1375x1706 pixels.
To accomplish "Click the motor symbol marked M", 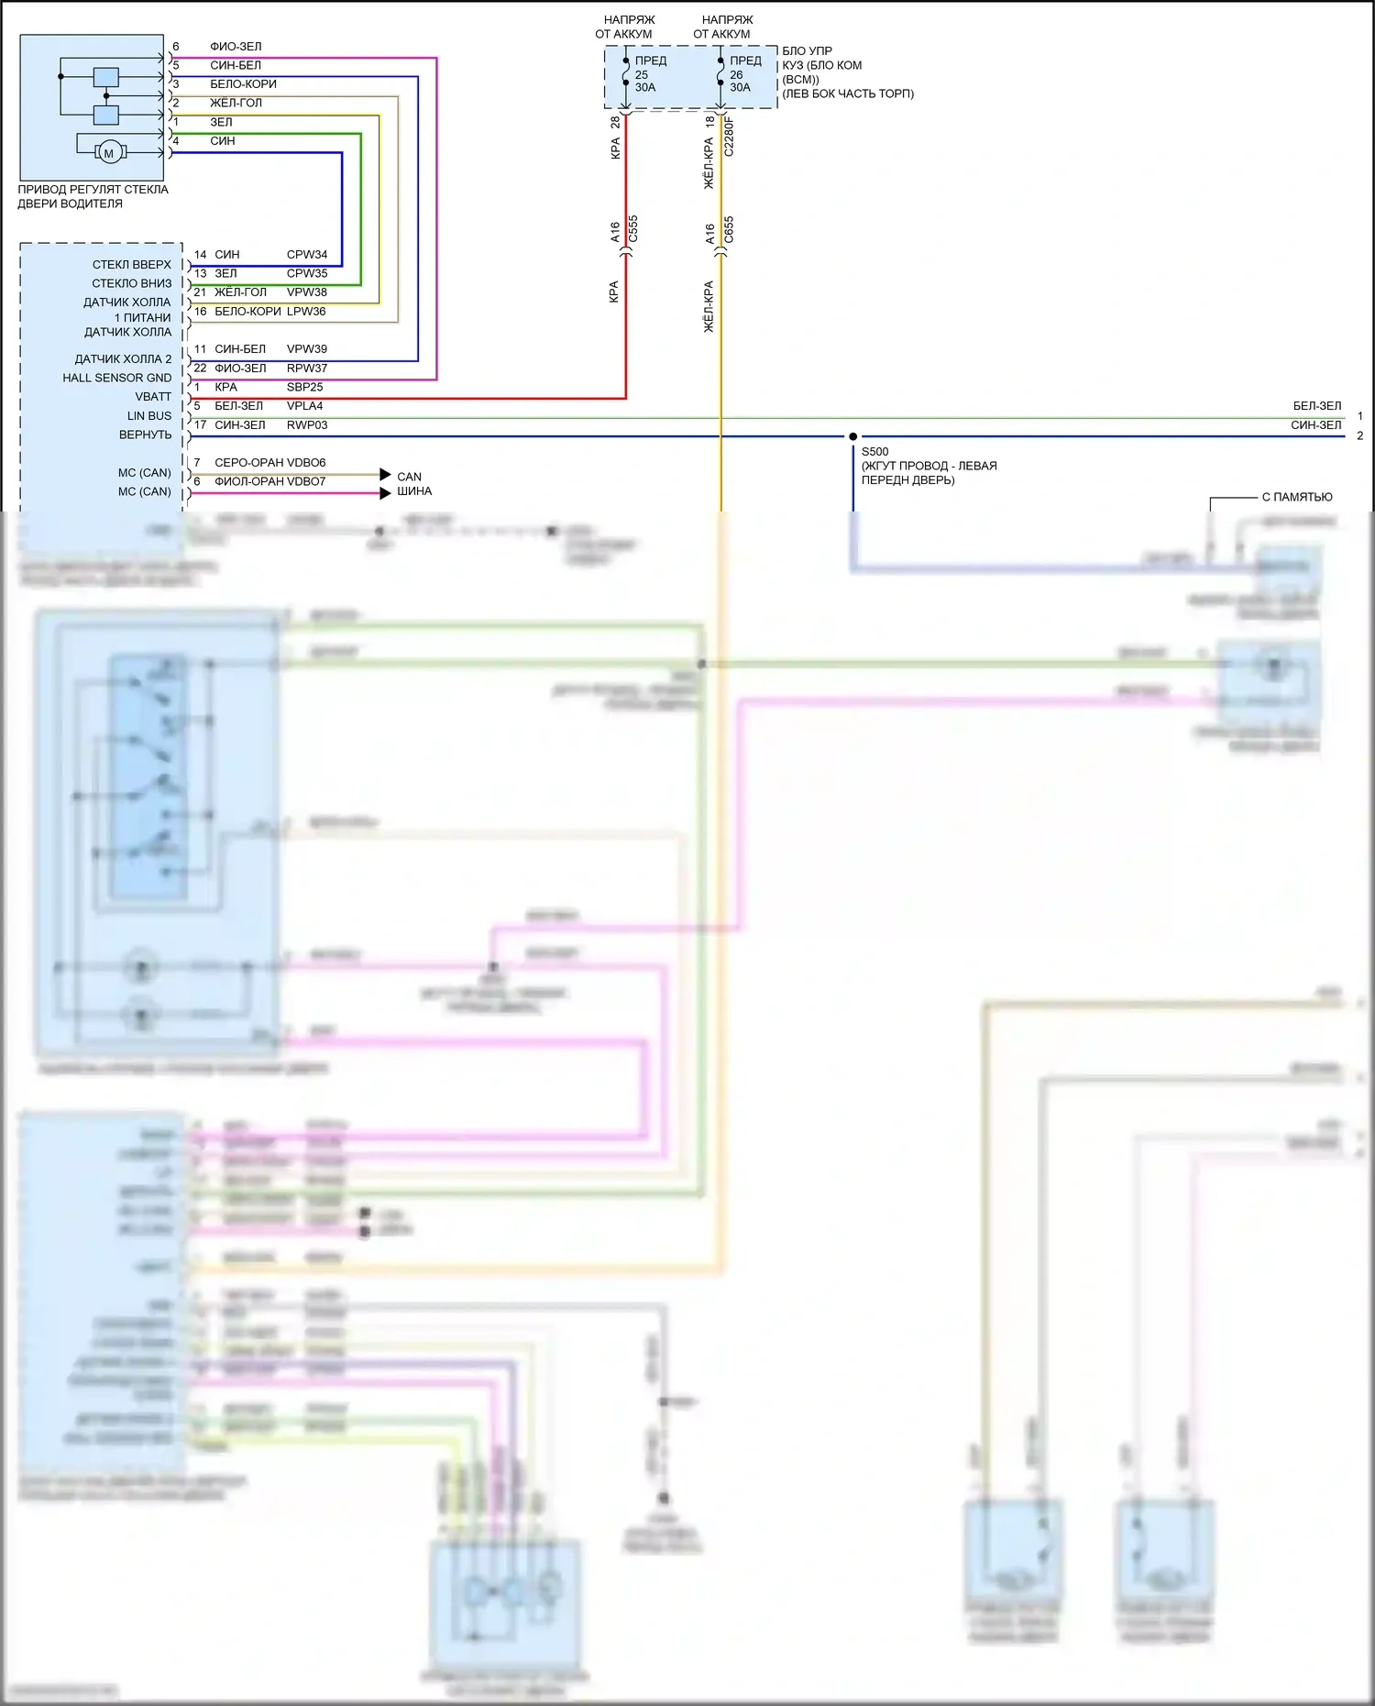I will coord(109,153).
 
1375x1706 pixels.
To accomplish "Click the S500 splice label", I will coord(874,452).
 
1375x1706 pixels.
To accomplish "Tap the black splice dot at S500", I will coord(852,436).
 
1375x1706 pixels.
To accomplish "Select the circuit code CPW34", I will coord(306,255).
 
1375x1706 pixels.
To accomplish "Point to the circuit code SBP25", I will coord(304,387).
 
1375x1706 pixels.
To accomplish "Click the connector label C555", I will coord(632,229).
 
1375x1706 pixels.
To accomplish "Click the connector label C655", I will coord(729,229).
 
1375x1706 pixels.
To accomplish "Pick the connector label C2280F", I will coord(729,136).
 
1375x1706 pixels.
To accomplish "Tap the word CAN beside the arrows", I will coord(409,477).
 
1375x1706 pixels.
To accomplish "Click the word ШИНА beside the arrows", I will coord(414,491).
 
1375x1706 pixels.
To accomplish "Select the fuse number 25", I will coord(642,75).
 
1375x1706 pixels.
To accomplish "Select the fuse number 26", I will coord(736,75).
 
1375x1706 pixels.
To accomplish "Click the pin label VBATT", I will coord(153,397).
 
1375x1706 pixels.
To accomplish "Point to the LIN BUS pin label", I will coord(149,416).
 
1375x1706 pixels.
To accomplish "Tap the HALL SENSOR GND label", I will coord(116,378).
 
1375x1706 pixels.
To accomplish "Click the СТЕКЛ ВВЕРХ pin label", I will coord(131,265).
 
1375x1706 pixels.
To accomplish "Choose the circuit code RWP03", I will coord(306,425).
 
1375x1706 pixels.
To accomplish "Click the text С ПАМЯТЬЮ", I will coord(1297,497).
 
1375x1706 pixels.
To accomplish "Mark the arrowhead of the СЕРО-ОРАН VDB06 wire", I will coord(385,474).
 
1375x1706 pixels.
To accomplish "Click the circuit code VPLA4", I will coord(304,406).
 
